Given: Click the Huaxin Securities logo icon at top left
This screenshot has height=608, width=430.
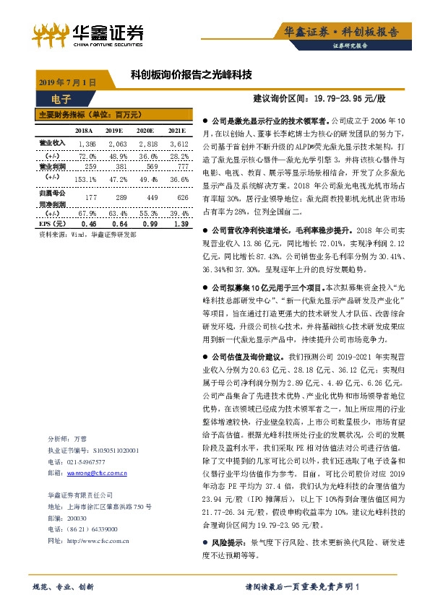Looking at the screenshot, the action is pos(52,33).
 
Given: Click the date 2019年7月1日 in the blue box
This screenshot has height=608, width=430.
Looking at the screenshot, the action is pos(66,82).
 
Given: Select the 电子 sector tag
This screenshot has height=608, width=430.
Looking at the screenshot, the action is pos(62,99).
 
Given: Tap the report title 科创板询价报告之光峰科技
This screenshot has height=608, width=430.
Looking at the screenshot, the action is pos(191,74).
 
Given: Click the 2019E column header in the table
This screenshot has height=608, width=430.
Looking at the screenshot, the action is pos(114,130).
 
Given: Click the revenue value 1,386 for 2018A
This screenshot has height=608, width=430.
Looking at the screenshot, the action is pos(86,144).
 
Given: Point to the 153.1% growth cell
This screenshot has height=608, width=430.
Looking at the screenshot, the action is pos(85,178).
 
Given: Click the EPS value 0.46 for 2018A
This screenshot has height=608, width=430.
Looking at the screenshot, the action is pos(87,225).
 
